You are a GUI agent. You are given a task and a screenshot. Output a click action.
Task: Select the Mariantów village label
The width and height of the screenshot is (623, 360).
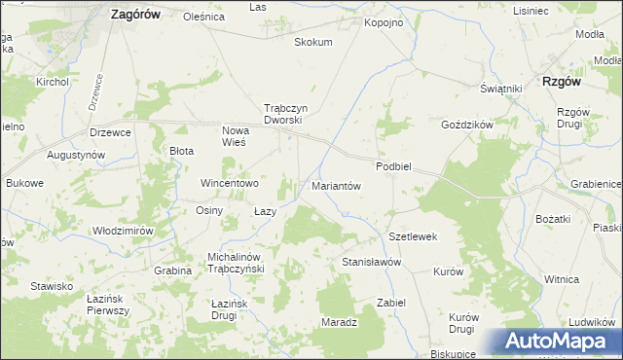336,186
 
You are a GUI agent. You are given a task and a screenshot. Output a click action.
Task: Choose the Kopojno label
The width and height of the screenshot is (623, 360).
383,21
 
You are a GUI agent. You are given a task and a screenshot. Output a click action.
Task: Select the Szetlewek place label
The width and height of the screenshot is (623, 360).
413,236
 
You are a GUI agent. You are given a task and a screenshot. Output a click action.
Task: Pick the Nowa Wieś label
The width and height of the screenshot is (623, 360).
234,136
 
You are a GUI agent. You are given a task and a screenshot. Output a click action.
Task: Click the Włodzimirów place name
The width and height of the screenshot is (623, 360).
123,231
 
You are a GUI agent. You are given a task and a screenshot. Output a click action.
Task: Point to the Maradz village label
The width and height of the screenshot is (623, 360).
339,321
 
